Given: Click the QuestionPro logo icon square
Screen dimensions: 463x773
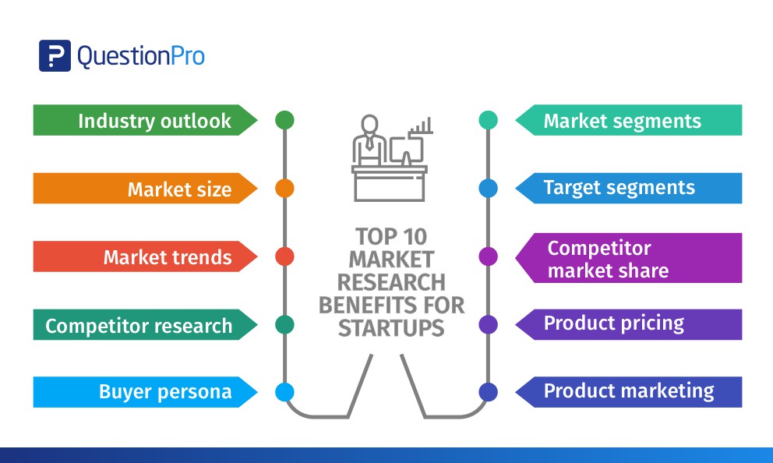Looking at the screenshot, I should (x=55, y=55).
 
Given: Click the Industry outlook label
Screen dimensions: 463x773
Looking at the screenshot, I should (x=154, y=121).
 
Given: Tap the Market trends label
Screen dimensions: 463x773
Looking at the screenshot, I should (x=168, y=257).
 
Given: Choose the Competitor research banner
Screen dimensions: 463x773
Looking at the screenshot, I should (x=139, y=326).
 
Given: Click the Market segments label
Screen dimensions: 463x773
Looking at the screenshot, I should (x=622, y=121).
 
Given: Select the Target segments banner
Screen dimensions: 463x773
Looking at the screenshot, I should (x=619, y=188).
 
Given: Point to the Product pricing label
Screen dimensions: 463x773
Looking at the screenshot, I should (x=614, y=323).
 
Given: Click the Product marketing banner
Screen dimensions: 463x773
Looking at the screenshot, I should (x=628, y=391).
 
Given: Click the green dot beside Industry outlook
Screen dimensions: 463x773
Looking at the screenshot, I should (x=284, y=120).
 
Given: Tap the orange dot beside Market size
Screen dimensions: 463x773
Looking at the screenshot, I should (x=284, y=188).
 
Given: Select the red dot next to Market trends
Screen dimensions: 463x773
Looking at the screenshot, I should (x=284, y=256).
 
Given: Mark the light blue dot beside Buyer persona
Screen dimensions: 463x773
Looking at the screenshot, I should (x=284, y=392).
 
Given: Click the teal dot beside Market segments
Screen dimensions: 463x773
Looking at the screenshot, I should (x=488, y=120).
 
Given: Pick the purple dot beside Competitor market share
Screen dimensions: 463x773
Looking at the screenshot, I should (x=488, y=256).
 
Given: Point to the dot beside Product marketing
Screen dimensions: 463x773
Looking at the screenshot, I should (x=488, y=392).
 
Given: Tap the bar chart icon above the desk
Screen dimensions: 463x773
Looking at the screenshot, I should (x=422, y=128).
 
